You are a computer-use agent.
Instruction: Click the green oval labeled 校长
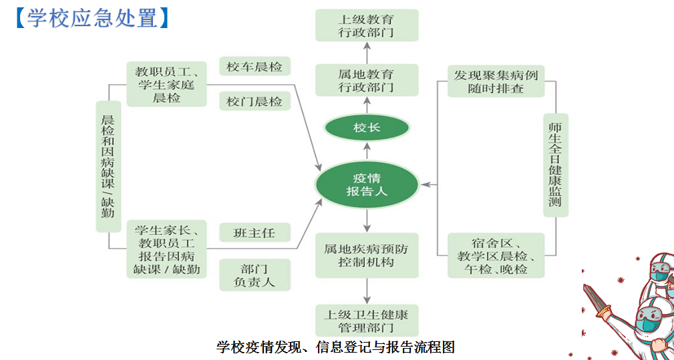[x=367, y=128]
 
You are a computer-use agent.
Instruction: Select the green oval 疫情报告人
[x=367, y=184]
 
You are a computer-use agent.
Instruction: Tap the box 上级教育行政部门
[x=367, y=25]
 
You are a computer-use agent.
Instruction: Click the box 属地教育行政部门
[x=367, y=80]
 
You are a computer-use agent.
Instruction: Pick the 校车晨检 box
[x=255, y=67]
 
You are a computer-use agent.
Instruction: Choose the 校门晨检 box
[x=255, y=102]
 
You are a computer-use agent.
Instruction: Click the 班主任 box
[x=255, y=233]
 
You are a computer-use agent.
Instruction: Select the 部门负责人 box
[x=255, y=275]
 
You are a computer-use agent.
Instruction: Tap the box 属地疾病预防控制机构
[x=367, y=255]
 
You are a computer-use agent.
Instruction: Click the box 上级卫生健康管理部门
[x=367, y=321]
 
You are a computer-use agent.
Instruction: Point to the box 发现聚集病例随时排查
[x=496, y=81]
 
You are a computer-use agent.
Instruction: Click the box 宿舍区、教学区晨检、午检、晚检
[x=496, y=255]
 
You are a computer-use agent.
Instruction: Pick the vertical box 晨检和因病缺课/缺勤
[x=108, y=166]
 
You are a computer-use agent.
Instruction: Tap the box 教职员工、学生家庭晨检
[x=166, y=84]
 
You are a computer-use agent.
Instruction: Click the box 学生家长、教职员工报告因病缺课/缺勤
[x=166, y=249]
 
